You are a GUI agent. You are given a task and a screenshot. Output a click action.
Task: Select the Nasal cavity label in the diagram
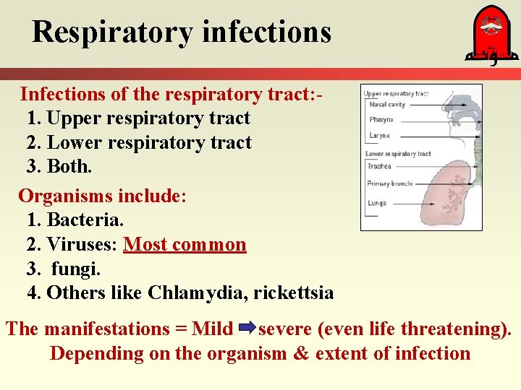(386, 105)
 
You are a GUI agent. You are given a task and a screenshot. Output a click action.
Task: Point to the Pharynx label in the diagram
(381, 119)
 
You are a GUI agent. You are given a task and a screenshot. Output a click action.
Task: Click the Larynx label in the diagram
(379, 135)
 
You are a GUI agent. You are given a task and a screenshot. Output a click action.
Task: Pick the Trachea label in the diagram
(380, 166)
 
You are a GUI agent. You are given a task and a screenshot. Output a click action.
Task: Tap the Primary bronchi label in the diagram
(390, 183)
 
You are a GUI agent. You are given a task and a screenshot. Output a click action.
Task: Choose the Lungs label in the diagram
(378, 204)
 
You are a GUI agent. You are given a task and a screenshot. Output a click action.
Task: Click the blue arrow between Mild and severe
(246, 330)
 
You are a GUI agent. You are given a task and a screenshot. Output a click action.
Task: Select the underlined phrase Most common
(185, 245)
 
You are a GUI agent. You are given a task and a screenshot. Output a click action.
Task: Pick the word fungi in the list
(76, 269)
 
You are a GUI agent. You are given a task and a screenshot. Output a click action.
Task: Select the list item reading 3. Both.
(59, 167)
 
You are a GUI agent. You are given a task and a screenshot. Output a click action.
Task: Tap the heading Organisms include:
(103, 196)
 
